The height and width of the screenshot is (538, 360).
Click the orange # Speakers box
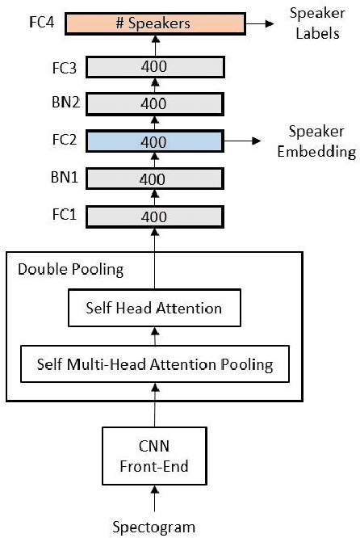point(153,23)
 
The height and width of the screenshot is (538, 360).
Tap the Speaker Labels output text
point(308,23)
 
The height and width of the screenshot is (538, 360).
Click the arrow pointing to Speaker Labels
point(259,23)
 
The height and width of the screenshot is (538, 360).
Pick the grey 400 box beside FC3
point(153,65)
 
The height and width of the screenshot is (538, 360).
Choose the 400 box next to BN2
point(153,103)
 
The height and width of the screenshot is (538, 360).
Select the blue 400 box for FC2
point(153,141)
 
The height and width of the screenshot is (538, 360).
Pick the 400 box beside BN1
point(153,179)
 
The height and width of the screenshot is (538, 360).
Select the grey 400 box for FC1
point(153,216)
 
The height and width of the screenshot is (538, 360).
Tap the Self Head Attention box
point(153,308)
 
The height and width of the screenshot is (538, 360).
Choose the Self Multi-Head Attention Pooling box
point(154,364)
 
